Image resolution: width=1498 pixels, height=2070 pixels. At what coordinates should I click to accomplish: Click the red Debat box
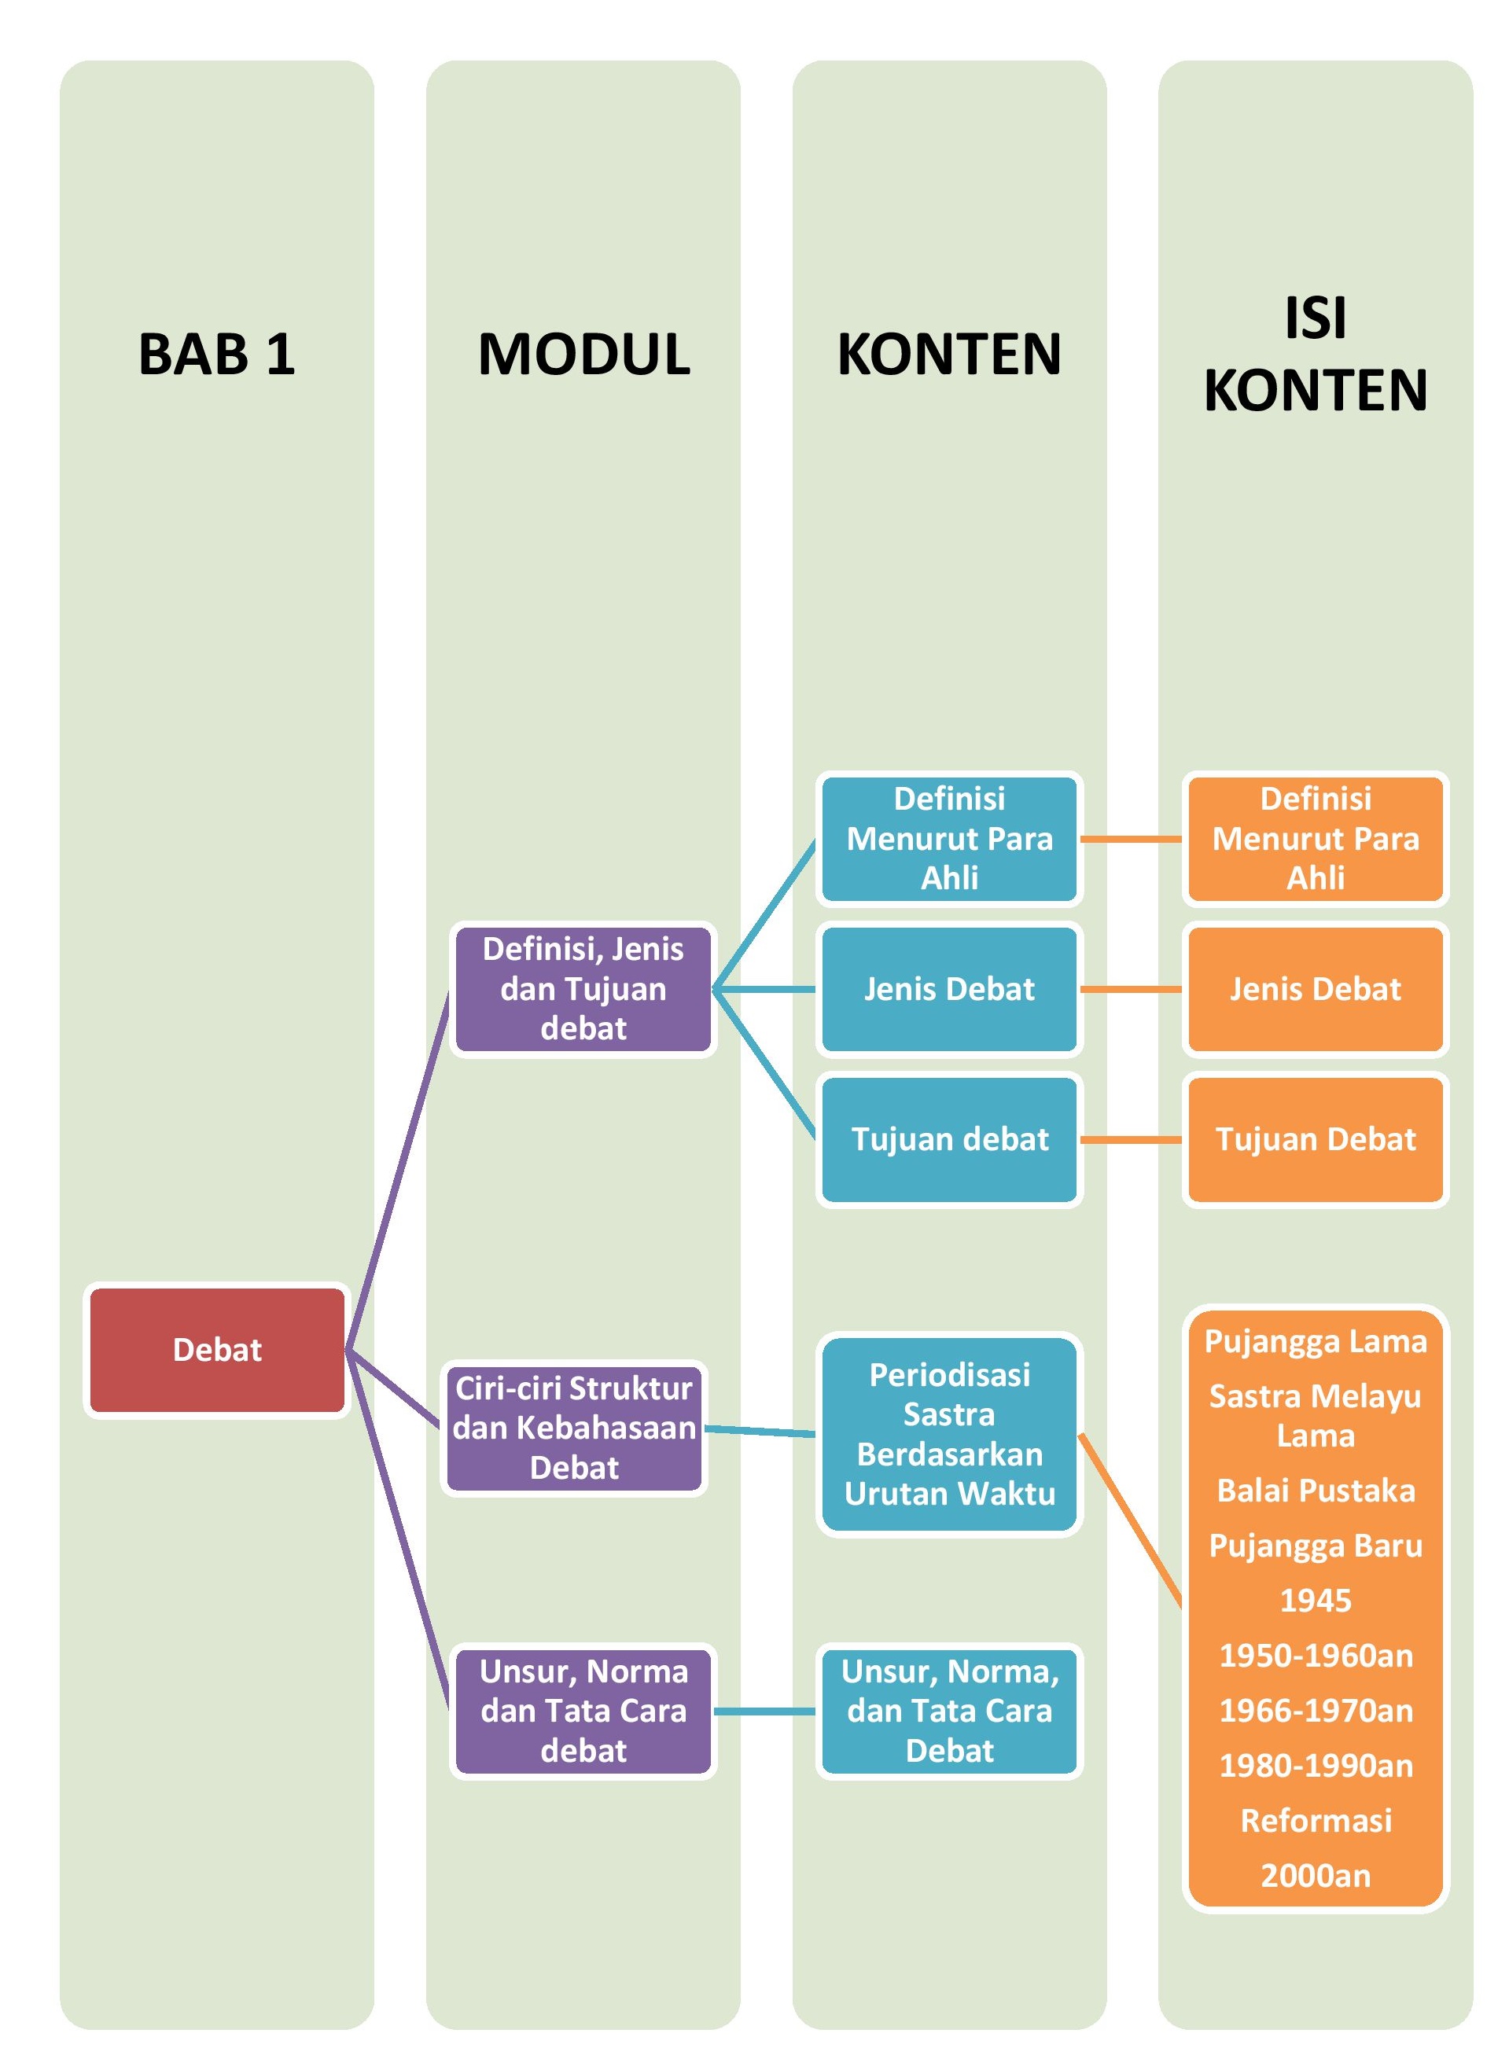click(x=216, y=1349)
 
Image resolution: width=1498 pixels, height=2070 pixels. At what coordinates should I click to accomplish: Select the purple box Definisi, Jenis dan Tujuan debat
click(x=583, y=988)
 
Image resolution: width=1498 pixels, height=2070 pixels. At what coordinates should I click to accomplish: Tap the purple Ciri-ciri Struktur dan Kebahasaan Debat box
click(x=574, y=1428)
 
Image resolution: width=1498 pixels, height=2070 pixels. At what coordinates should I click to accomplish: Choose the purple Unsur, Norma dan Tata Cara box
click(x=583, y=1711)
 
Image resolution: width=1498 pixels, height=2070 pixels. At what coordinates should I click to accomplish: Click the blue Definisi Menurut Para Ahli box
click(x=948, y=838)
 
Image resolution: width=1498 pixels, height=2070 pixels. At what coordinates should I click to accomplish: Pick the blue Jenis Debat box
click(x=948, y=988)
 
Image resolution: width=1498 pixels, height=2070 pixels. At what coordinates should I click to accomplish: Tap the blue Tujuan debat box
click(x=948, y=1139)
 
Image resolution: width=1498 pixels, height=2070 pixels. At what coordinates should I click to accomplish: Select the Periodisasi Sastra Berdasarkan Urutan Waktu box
click(x=948, y=1434)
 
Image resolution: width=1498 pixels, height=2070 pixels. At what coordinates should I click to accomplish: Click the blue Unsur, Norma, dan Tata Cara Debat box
click(x=948, y=1711)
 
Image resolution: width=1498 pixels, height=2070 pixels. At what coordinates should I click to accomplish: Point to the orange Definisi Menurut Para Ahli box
click(x=1315, y=838)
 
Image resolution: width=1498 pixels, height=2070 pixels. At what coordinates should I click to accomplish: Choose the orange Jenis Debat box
click(x=1315, y=988)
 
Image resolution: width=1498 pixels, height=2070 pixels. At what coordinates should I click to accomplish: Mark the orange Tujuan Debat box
click(x=1315, y=1139)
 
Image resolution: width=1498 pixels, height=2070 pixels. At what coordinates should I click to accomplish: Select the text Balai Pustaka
click(x=1315, y=1491)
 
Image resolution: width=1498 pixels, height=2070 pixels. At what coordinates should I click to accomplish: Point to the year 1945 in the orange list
click(x=1315, y=1600)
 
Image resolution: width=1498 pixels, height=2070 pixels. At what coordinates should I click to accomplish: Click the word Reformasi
click(x=1315, y=1820)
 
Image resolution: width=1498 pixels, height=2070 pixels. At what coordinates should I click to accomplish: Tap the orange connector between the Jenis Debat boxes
click(x=1130, y=988)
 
